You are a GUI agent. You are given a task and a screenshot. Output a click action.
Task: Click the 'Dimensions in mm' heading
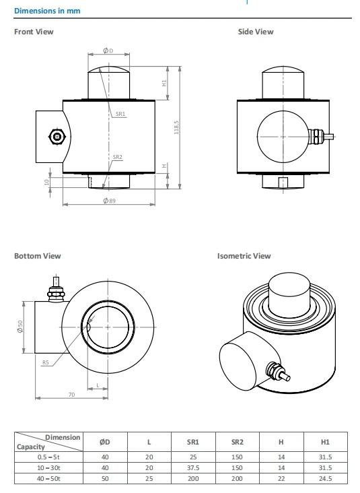47,11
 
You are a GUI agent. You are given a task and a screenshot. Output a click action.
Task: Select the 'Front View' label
34,32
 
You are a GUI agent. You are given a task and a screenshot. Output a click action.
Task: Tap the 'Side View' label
256,32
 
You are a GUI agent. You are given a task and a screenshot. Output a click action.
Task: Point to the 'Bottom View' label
38,256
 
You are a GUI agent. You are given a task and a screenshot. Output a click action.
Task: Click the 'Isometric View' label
244,256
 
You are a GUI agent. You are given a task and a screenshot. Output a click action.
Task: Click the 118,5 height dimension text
176,127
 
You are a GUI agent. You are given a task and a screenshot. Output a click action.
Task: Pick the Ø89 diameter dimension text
109,201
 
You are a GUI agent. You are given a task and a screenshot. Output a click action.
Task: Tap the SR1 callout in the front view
120,114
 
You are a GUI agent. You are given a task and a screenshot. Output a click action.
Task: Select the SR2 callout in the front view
118,157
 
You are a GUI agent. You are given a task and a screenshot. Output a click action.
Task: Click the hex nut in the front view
57,137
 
